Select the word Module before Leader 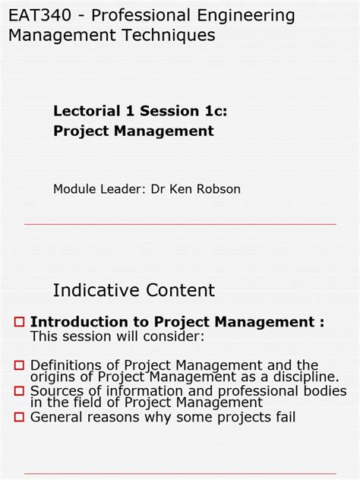point(74,188)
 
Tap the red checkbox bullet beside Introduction point(21,323)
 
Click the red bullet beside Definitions point(21,366)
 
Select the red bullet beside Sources point(21,391)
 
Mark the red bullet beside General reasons point(21,416)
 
